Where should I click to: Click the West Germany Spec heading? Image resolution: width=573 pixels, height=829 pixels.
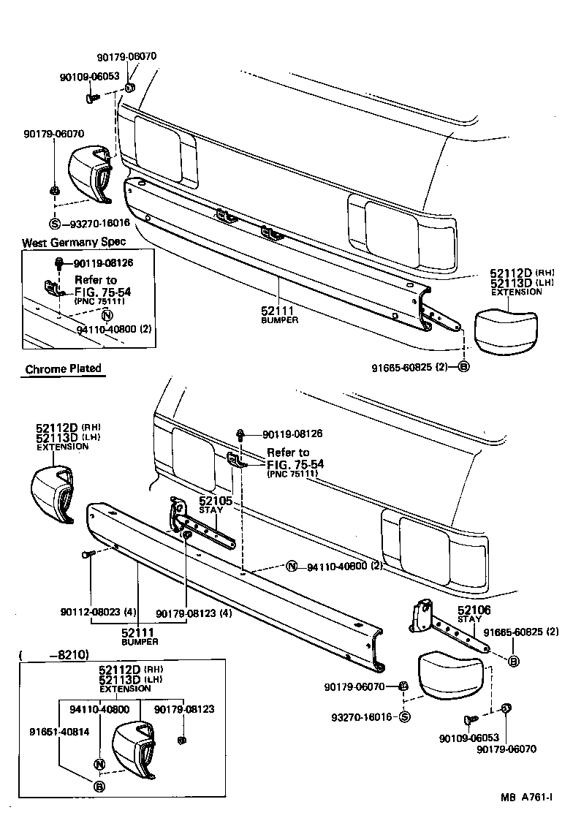pyautogui.click(x=73, y=242)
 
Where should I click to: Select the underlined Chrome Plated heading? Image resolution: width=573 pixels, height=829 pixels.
pyautogui.click(x=63, y=369)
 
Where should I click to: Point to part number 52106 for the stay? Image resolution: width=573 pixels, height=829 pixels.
pyautogui.click(x=474, y=610)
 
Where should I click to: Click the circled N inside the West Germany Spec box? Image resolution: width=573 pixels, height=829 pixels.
pyautogui.click(x=106, y=316)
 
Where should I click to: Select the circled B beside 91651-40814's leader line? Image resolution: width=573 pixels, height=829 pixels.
pyautogui.click(x=99, y=787)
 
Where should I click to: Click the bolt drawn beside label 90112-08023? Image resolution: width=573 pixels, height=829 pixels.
pyautogui.click(x=89, y=556)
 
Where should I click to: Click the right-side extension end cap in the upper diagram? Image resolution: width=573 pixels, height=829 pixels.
pyautogui.click(x=507, y=330)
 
